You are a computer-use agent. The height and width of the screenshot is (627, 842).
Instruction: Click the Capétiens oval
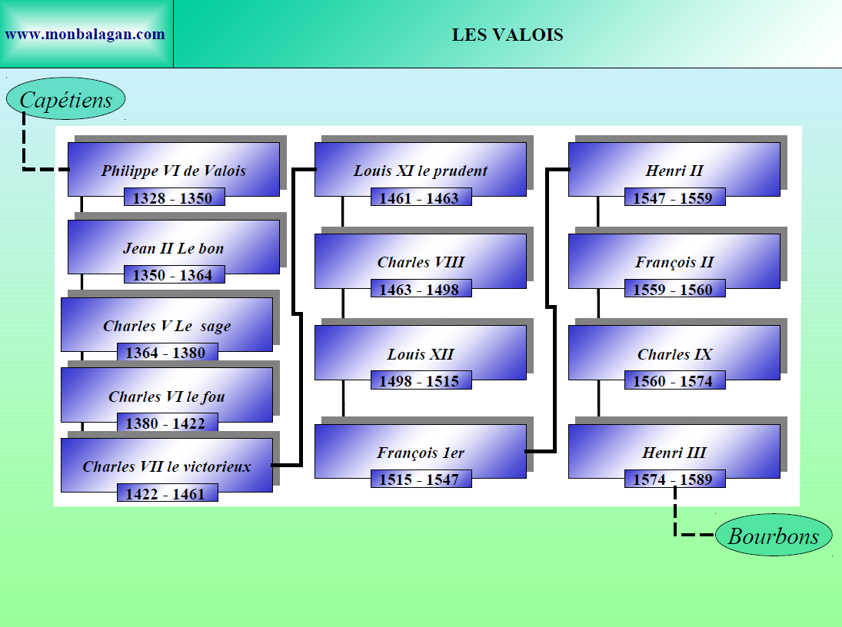click(65, 99)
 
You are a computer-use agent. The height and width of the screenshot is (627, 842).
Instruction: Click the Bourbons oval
click(773, 536)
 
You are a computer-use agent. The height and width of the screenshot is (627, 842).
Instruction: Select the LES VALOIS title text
click(507, 35)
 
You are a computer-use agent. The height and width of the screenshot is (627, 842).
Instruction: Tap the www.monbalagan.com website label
click(85, 35)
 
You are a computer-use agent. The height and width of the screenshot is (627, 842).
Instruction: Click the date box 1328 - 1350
click(173, 197)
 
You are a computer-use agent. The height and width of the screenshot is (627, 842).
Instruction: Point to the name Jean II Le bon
click(173, 249)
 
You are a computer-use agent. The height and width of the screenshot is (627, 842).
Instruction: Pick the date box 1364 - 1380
click(166, 353)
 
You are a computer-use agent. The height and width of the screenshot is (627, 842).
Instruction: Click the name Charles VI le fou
click(167, 397)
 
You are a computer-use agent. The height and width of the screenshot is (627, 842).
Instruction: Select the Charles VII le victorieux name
click(167, 466)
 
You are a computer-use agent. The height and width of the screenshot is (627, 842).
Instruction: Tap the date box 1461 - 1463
click(420, 198)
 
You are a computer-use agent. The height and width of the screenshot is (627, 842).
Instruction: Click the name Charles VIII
click(421, 262)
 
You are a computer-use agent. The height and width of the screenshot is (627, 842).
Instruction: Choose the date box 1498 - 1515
click(420, 381)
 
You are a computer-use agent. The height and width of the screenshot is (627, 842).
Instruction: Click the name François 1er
click(421, 453)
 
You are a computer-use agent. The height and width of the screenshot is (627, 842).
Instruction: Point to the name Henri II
click(674, 171)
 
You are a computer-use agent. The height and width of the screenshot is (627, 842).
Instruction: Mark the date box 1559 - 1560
click(674, 290)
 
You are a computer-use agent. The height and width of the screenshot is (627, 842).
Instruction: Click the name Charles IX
click(674, 354)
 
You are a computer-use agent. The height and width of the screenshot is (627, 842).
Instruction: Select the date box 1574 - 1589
click(674, 479)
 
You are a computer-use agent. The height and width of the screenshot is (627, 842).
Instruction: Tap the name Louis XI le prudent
click(421, 171)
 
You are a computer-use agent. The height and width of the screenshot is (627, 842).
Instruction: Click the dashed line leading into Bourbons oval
click(677, 516)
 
